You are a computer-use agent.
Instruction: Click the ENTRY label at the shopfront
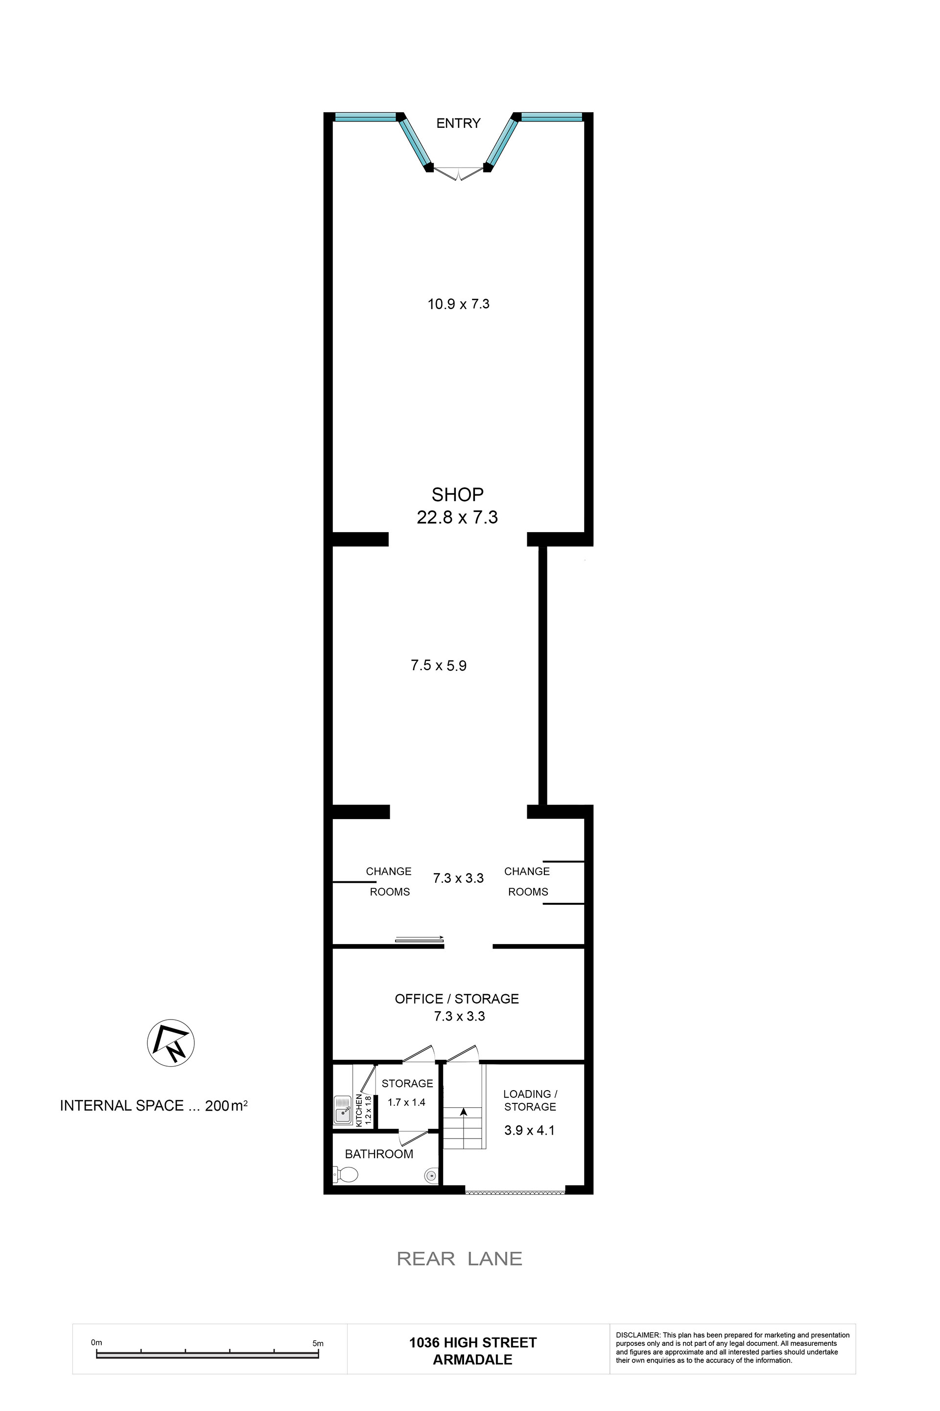coord(458,123)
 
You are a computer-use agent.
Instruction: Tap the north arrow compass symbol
coord(171,1043)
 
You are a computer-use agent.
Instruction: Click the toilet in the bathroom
coord(345,1174)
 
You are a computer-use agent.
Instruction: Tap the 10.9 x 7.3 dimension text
coord(458,304)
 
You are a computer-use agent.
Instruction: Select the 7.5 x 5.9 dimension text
coord(438,665)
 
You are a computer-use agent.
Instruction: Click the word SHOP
coord(457,494)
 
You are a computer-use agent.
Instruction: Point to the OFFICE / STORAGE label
coord(457,999)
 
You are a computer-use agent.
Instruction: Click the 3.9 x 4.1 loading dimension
coord(529,1131)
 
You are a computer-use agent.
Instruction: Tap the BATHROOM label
coord(379,1154)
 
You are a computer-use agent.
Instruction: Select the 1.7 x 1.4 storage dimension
coord(406,1102)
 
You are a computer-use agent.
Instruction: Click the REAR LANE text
coord(459,1259)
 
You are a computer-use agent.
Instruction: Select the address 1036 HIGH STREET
coord(473,1342)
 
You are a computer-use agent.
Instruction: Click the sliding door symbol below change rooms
coord(420,940)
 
